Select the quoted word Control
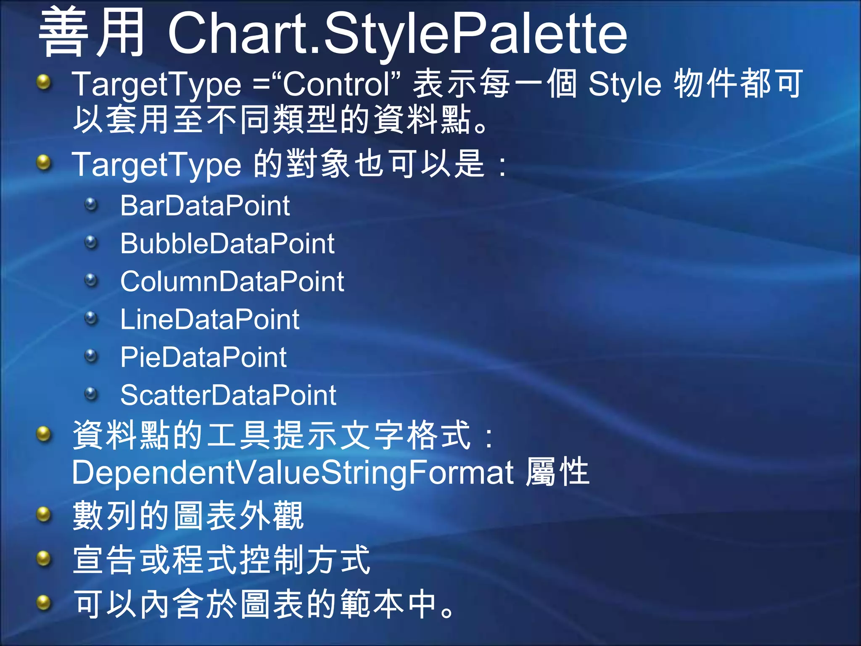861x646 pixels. pyautogui.click(x=336, y=84)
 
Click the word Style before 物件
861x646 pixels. pyautogui.click(x=625, y=84)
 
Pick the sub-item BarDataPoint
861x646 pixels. pyautogui.click(x=205, y=206)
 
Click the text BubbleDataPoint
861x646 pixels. pyautogui.click(x=227, y=244)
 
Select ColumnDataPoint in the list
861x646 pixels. pyautogui.click(x=232, y=281)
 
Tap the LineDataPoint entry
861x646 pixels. pyautogui.click(x=210, y=319)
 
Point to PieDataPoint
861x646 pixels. pyautogui.click(x=203, y=357)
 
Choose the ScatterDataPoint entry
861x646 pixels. pyautogui.click(x=228, y=395)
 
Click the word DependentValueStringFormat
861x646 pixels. pyautogui.click(x=293, y=472)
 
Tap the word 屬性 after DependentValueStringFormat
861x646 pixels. pyautogui.click(x=557, y=472)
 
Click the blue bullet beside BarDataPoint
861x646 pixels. pyautogui.click(x=91, y=205)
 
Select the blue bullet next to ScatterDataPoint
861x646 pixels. pyautogui.click(x=91, y=394)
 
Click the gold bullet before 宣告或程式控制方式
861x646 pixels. pyautogui.click(x=44, y=559)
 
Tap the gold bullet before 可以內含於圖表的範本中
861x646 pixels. pyautogui.click(x=44, y=604)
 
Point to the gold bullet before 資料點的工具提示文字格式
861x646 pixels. pyautogui.click(x=44, y=434)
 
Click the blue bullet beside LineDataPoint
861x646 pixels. pyautogui.click(x=91, y=318)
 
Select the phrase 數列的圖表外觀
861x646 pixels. pyautogui.click(x=188, y=516)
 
